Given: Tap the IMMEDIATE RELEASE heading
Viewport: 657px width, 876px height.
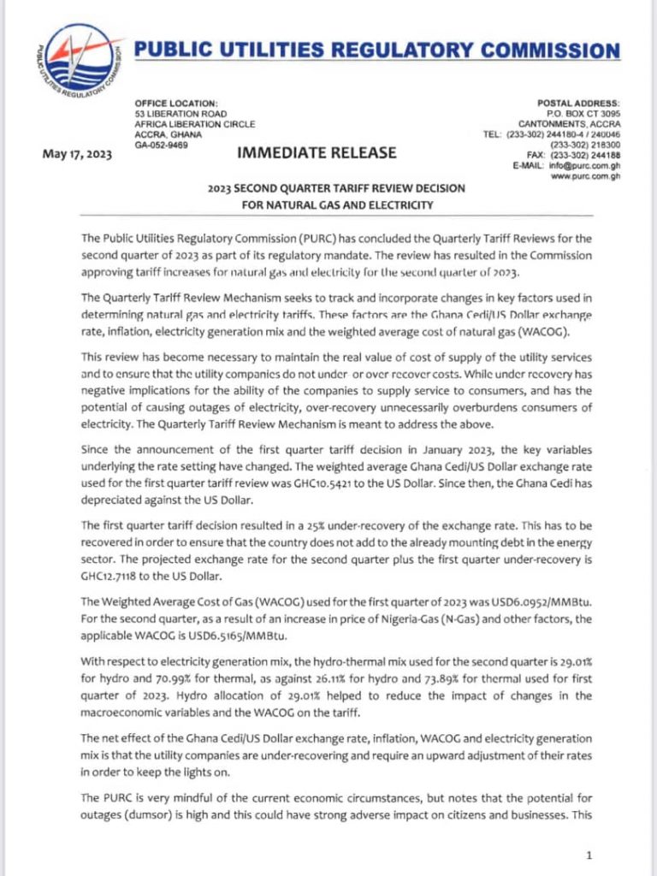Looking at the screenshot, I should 317,153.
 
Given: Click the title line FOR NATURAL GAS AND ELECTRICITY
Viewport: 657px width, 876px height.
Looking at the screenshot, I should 328,204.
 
